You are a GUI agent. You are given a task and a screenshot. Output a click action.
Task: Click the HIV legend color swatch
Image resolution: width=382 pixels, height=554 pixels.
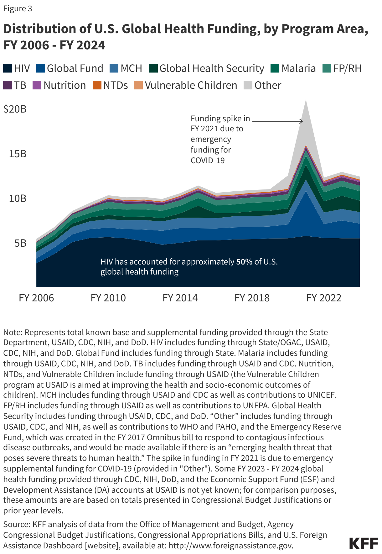[x=8, y=68]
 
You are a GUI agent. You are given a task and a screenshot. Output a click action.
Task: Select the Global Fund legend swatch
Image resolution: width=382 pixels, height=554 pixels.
[x=41, y=68]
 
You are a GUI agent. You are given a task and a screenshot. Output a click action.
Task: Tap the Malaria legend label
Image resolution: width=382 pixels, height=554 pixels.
[x=298, y=68]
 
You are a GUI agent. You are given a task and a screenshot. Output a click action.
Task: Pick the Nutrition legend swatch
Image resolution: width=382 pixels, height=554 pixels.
[x=37, y=85]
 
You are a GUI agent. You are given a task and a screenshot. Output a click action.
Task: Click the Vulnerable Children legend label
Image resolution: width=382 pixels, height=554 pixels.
[x=191, y=85]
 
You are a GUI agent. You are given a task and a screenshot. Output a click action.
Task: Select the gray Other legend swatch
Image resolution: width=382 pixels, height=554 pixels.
[x=248, y=85]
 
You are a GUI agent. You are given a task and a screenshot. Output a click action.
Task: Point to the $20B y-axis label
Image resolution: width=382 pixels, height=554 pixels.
[x=15, y=109]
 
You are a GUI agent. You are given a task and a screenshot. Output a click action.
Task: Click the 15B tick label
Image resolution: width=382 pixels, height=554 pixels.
[x=18, y=154]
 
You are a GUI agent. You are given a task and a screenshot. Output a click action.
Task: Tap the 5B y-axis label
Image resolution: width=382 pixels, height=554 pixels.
[x=20, y=243]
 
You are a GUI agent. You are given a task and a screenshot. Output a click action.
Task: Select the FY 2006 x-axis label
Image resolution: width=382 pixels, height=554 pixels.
[x=36, y=298]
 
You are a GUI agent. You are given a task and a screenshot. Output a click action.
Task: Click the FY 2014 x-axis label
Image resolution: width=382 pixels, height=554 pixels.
[x=180, y=298]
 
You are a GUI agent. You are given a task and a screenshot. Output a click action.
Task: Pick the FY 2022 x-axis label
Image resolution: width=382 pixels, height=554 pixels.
[x=324, y=298]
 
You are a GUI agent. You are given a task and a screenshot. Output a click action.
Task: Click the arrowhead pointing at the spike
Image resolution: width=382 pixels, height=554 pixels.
[x=302, y=121]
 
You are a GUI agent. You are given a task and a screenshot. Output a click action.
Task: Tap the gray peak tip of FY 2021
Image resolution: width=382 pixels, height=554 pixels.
[x=306, y=101]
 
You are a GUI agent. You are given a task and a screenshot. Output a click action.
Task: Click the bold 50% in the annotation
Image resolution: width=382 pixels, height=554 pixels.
[x=244, y=262]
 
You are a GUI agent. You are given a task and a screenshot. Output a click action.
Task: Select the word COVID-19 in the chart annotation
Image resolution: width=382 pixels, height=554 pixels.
[x=208, y=160]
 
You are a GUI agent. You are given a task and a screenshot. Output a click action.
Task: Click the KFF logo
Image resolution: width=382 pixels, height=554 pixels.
[x=363, y=543]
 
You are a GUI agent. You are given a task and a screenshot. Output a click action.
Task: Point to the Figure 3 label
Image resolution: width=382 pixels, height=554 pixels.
[x=18, y=8]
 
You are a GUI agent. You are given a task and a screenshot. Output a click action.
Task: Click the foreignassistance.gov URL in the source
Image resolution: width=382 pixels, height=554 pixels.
[x=231, y=546]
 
